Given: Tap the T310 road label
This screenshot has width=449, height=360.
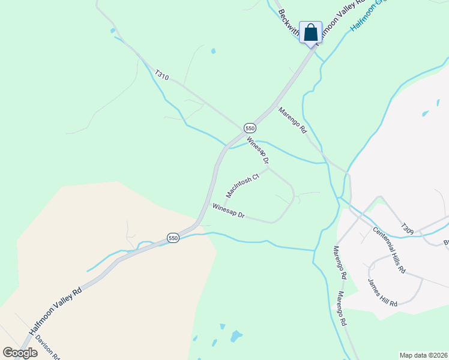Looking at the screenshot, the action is tap(161, 76).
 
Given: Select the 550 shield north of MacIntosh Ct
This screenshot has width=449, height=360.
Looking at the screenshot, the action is tap(250, 128).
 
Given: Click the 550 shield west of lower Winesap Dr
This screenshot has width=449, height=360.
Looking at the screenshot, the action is tap(173, 238).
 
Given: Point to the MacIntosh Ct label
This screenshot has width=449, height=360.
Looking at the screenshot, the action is tap(242, 185).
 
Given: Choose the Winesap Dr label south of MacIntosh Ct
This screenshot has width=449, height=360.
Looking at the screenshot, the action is tap(229, 211).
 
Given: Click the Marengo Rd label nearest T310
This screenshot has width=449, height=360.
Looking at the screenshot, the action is tap(292, 120).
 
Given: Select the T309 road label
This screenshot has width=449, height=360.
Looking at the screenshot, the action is tap(408, 229).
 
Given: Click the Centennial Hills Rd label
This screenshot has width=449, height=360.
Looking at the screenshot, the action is tap(388, 250).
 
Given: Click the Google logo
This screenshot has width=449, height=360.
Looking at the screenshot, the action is tap(20, 353).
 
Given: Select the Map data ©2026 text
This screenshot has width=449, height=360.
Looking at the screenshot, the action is tap(423, 355).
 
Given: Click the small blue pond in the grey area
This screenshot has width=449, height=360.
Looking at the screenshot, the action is tap(426, 113).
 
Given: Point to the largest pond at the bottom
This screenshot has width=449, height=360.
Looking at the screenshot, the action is tap(236, 335).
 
